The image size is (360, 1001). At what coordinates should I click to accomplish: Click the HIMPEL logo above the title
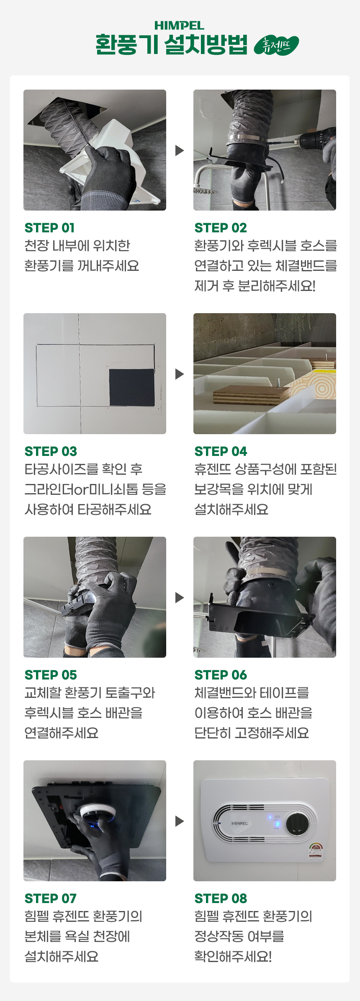coord(179,26)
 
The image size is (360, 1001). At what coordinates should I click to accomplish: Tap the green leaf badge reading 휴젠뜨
coord(276,45)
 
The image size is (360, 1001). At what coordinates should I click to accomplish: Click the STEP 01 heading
coord(50,228)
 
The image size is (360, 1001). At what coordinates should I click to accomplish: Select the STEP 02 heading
coord(221,228)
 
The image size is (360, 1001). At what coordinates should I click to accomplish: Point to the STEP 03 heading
coord(51,451)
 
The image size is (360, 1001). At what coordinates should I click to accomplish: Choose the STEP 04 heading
coord(221,451)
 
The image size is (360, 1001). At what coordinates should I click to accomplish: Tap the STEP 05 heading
coord(51,675)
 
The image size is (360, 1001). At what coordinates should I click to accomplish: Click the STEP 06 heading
coord(221,675)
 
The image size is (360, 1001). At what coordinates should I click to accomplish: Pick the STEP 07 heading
coord(51,898)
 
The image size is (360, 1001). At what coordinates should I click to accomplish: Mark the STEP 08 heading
coord(221,898)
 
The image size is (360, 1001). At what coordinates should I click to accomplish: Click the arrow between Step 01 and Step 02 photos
coord(180,150)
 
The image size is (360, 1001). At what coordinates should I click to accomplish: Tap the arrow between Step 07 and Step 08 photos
coord(180,821)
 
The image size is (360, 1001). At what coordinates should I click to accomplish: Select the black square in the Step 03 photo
coord(132,387)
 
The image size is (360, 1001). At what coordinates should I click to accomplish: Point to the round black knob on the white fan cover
coord(298,824)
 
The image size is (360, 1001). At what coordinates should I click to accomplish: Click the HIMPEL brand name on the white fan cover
coord(239,823)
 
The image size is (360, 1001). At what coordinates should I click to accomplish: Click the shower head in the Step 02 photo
coord(205,191)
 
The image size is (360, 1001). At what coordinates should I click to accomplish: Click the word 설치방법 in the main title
coord(206,44)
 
